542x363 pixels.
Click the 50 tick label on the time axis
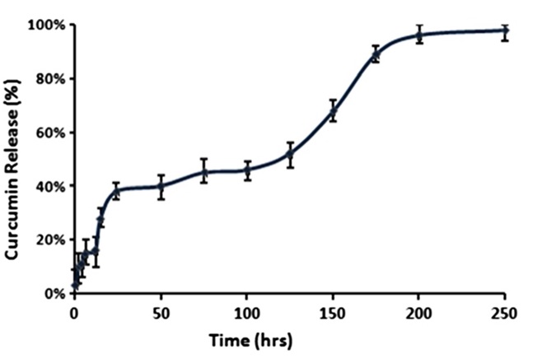click(x=161, y=313)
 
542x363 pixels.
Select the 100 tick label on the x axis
click(x=246, y=313)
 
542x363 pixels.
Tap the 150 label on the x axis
click(x=333, y=313)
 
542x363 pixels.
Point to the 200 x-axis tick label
click(x=418, y=313)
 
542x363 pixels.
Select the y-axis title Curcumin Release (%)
click(x=14, y=158)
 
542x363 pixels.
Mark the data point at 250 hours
click(x=505, y=31)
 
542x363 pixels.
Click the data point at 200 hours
click(x=418, y=35)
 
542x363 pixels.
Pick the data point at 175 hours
click(x=376, y=54)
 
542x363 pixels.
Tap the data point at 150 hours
click(x=333, y=111)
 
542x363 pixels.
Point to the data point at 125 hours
click(x=290, y=154)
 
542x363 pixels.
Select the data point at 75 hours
click(x=203, y=172)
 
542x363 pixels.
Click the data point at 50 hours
click(x=161, y=186)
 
